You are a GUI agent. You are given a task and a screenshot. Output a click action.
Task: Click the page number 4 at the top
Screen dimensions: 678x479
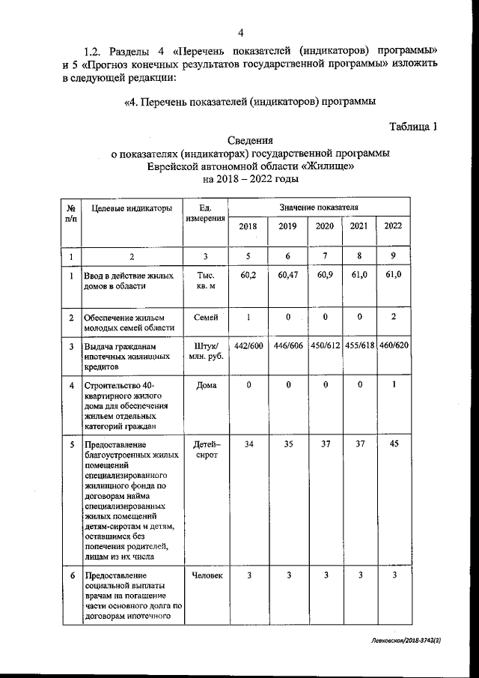pyautogui.click(x=240, y=31)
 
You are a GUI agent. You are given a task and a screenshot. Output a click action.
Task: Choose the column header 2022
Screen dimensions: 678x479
pyautogui.click(x=392, y=226)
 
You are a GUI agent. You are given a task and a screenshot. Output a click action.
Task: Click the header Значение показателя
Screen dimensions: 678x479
pyautogui.click(x=319, y=206)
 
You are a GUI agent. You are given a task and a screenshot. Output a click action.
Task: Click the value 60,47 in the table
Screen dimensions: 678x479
pyautogui.click(x=287, y=276)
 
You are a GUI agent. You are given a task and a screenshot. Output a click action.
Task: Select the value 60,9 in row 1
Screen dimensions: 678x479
pyautogui.click(x=325, y=276)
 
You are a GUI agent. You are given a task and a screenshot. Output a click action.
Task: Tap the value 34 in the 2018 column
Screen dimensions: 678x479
pyautogui.click(x=248, y=445)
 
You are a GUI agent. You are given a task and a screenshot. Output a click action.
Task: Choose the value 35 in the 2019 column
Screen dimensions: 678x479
pyautogui.click(x=287, y=445)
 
